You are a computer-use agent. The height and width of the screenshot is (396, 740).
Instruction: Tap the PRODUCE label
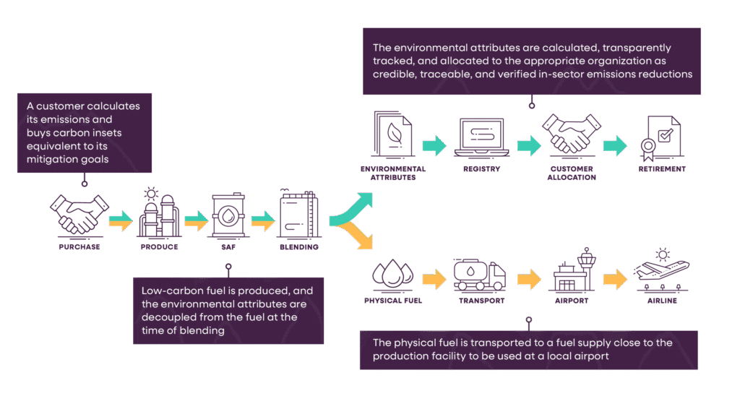pyautogui.click(x=158, y=247)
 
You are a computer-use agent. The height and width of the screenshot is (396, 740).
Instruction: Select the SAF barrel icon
pyautogui.click(x=228, y=215)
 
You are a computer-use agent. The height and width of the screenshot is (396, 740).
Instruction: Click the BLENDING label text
pyautogui.click(x=298, y=247)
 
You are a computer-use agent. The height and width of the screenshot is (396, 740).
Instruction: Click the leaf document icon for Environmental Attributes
pyautogui.click(x=392, y=134)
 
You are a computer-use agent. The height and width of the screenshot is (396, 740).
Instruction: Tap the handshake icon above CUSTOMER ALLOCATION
pyautogui.click(x=571, y=134)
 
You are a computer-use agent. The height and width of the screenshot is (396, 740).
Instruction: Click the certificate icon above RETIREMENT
pyautogui.click(x=657, y=137)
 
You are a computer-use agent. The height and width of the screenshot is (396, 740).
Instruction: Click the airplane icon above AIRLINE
pyautogui.click(x=661, y=271)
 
